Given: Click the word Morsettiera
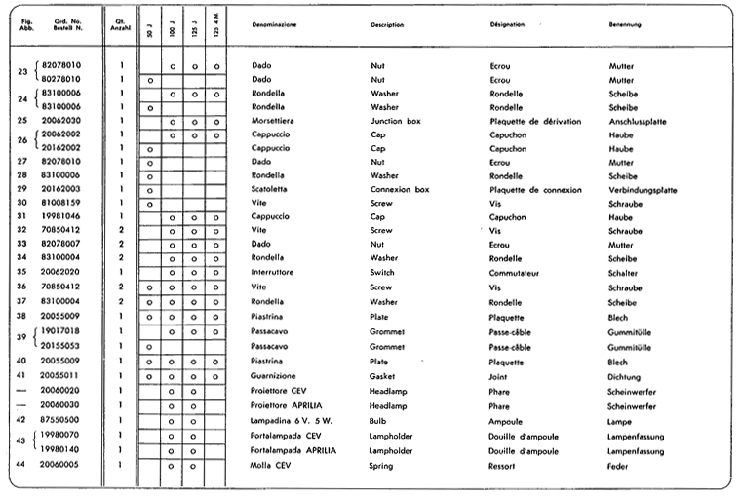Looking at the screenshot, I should coord(274,121).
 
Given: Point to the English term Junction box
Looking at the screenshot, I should coord(394,121).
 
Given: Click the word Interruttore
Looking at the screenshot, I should coord(274,272).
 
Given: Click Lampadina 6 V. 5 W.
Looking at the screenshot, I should coord(287,419).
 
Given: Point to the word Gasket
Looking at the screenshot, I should coord(383,374).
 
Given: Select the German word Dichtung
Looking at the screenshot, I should coord(624,374).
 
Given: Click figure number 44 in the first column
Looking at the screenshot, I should coord(20,465).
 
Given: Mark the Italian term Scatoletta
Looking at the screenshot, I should coord(271,189).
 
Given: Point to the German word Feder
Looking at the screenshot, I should coord(618,466).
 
